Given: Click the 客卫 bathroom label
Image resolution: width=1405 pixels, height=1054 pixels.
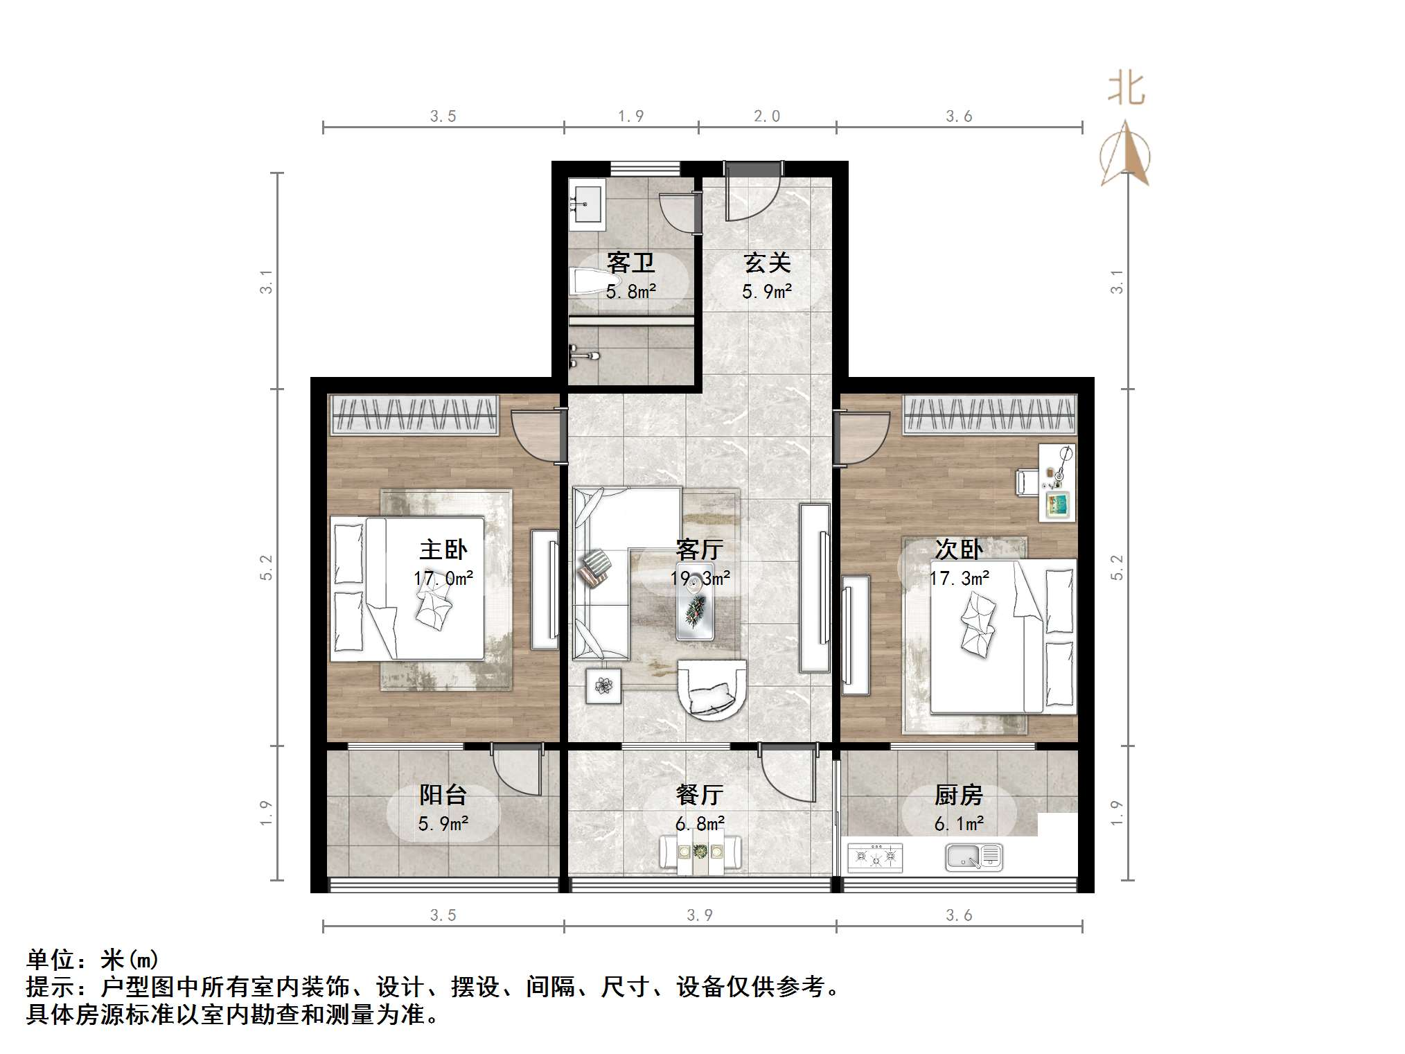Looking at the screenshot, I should (x=630, y=263).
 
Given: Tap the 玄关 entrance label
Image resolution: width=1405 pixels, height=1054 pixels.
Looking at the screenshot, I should (x=767, y=263).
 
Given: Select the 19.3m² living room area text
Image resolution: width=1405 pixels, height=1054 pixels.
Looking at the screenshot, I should (x=700, y=578).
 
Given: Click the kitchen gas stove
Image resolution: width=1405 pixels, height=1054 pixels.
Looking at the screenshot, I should (x=875, y=858).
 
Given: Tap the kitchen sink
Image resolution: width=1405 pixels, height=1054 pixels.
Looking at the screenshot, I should (x=973, y=857).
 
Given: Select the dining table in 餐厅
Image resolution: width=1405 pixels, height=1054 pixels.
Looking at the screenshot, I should (x=700, y=853).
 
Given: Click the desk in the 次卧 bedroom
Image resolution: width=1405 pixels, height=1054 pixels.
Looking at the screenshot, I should (x=1057, y=482).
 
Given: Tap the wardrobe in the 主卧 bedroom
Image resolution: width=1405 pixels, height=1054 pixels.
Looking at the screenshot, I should (x=414, y=414).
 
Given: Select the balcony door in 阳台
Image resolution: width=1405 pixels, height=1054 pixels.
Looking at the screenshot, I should (x=515, y=769).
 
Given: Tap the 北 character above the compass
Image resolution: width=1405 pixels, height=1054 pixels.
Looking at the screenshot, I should (x=1126, y=89).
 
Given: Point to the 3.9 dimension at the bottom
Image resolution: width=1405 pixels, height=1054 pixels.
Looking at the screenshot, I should (x=700, y=915).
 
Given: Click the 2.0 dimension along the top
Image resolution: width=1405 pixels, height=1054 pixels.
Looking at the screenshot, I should (x=767, y=116).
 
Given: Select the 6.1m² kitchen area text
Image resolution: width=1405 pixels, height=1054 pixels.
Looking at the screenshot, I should (x=959, y=824).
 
